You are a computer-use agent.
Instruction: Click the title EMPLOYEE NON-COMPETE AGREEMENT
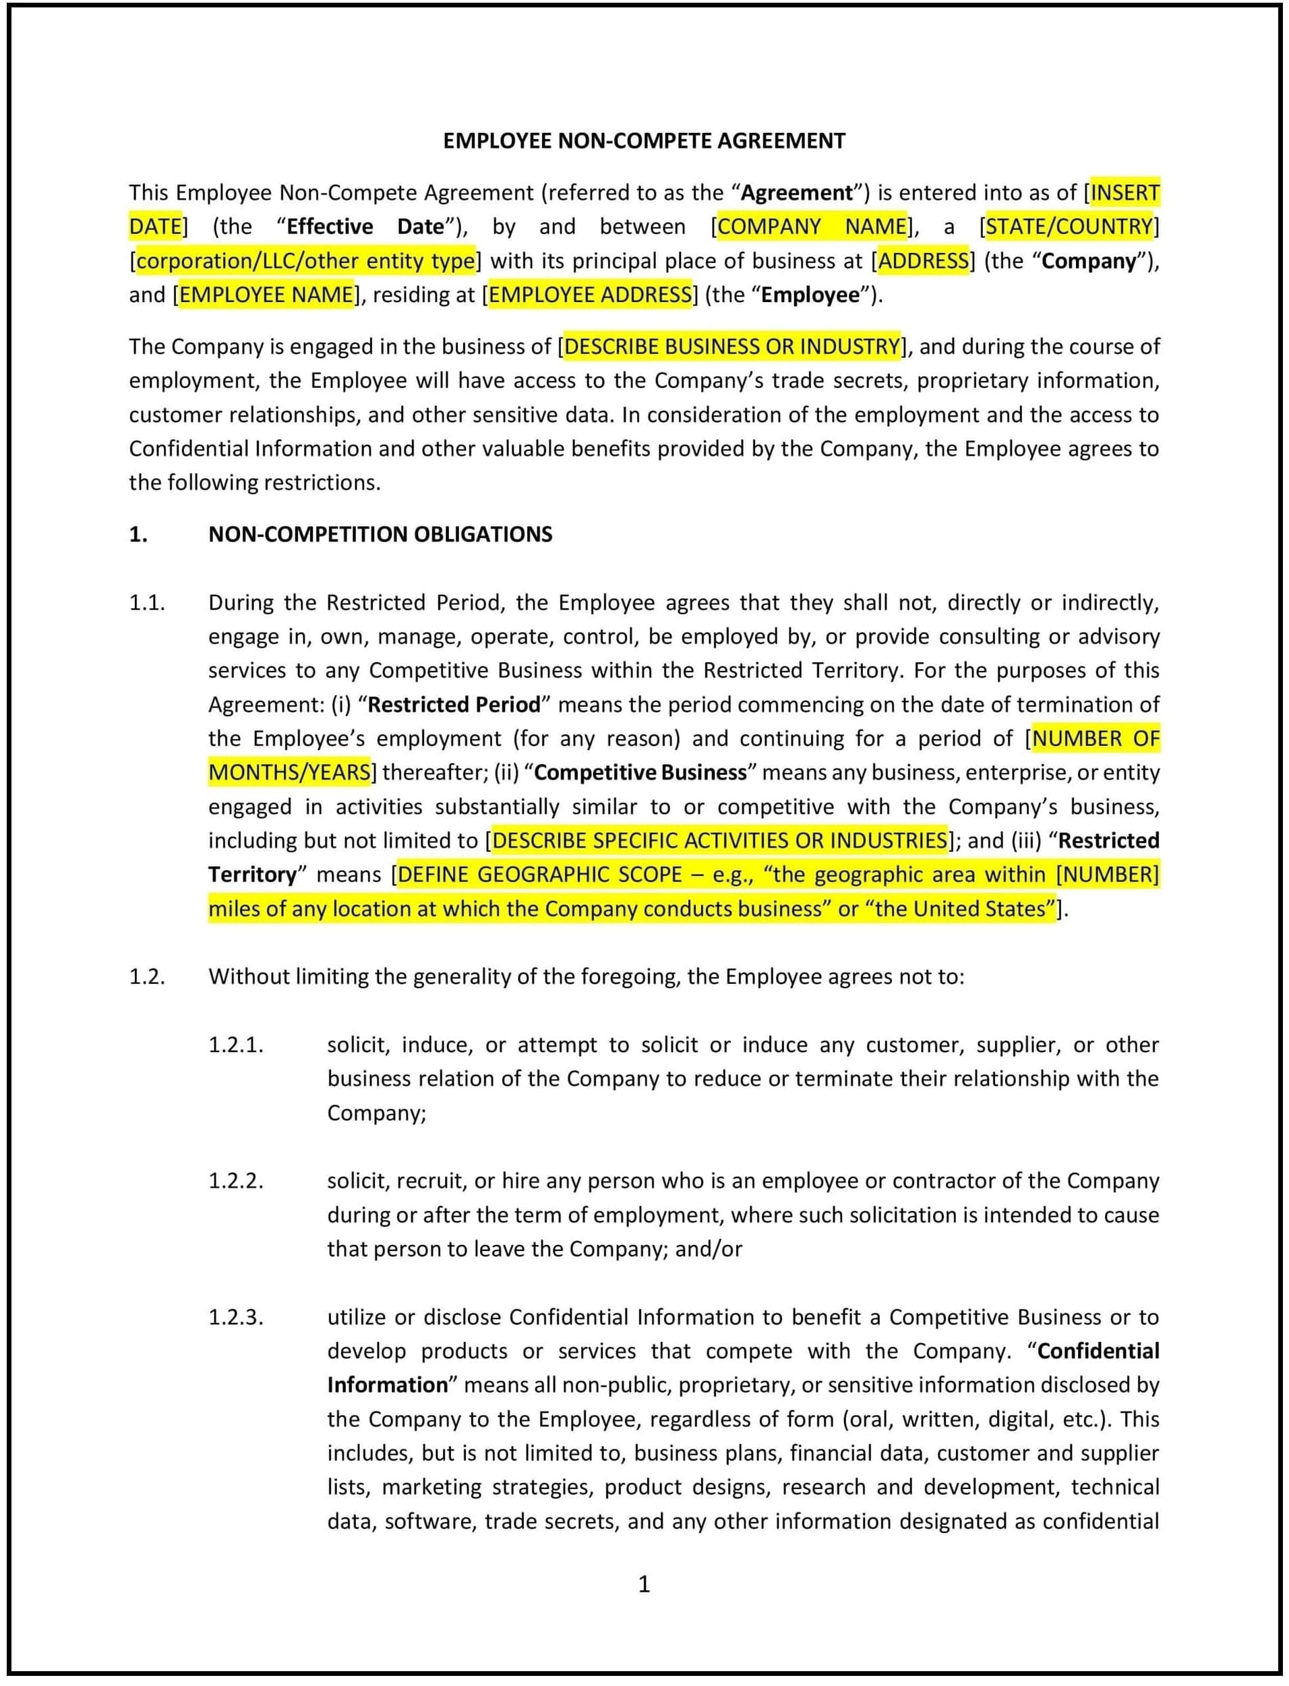(x=644, y=141)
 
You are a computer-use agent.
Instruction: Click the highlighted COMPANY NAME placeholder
(x=812, y=227)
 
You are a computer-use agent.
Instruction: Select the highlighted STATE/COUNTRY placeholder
(x=1069, y=227)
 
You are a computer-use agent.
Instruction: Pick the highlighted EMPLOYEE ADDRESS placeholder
(x=590, y=295)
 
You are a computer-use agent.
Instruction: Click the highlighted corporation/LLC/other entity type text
(x=305, y=261)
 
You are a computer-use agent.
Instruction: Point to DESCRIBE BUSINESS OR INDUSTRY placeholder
(x=731, y=347)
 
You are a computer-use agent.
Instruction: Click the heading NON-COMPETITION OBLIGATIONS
(x=380, y=534)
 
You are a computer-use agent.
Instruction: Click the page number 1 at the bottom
(x=644, y=1584)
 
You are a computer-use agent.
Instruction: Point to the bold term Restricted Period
(x=454, y=705)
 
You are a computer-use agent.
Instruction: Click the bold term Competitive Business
(x=640, y=772)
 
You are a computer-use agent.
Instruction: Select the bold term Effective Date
(x=365, y=227)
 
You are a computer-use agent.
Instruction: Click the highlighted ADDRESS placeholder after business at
(x=923, y=261)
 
